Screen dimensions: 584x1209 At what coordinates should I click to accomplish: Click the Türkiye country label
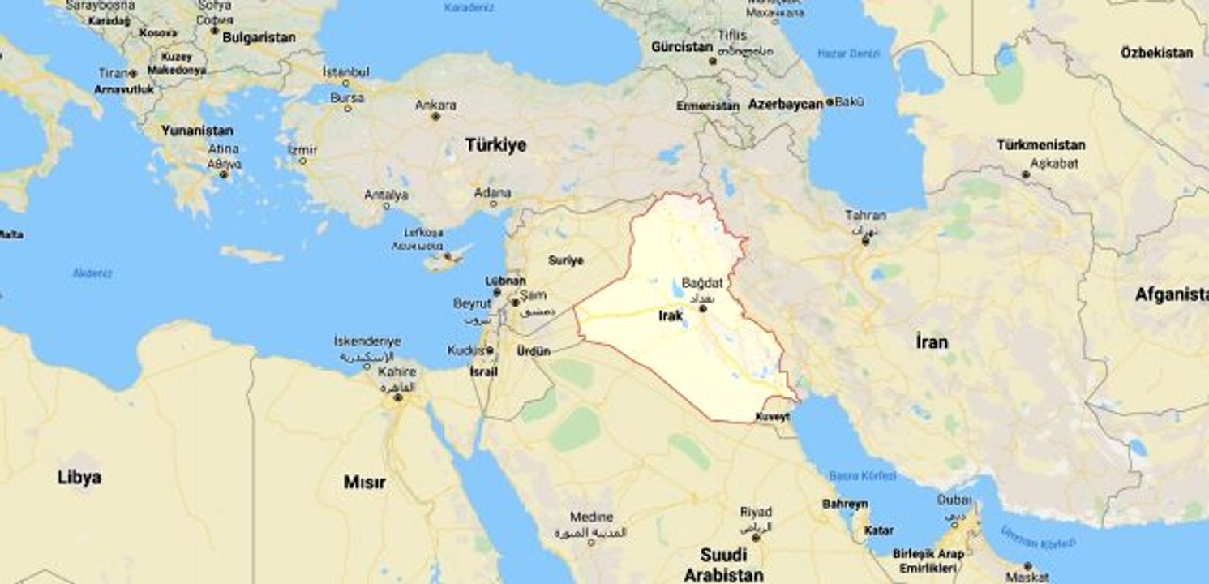(x=495, y=145)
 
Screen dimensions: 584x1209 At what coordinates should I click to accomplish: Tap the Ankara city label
(x=435, y=105)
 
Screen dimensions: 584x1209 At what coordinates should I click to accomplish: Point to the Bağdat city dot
(x=703, y=308)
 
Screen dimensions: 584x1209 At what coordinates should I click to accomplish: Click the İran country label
(x=931, y=341)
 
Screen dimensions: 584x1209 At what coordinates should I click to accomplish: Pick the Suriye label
(x=566, y=260)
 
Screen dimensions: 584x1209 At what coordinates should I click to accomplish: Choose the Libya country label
(x=79, y=477)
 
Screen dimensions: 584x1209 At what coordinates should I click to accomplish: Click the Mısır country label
(x=364, y=483)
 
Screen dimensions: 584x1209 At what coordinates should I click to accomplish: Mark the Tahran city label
(x=865, y=216)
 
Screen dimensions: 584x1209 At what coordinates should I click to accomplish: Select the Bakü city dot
(x=830, y=103)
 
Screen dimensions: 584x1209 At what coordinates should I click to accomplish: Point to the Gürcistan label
(x=682, y=47)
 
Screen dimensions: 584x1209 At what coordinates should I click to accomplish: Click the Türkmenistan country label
(x=1041, y=145)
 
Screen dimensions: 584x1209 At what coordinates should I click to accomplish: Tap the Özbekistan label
(x=1157, y=53)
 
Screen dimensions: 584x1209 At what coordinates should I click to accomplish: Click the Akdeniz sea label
(x=92, y=273)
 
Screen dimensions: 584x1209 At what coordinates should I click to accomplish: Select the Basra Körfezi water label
(x=863, y=475)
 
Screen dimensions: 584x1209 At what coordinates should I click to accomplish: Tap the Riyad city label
(x=755, y=513)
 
